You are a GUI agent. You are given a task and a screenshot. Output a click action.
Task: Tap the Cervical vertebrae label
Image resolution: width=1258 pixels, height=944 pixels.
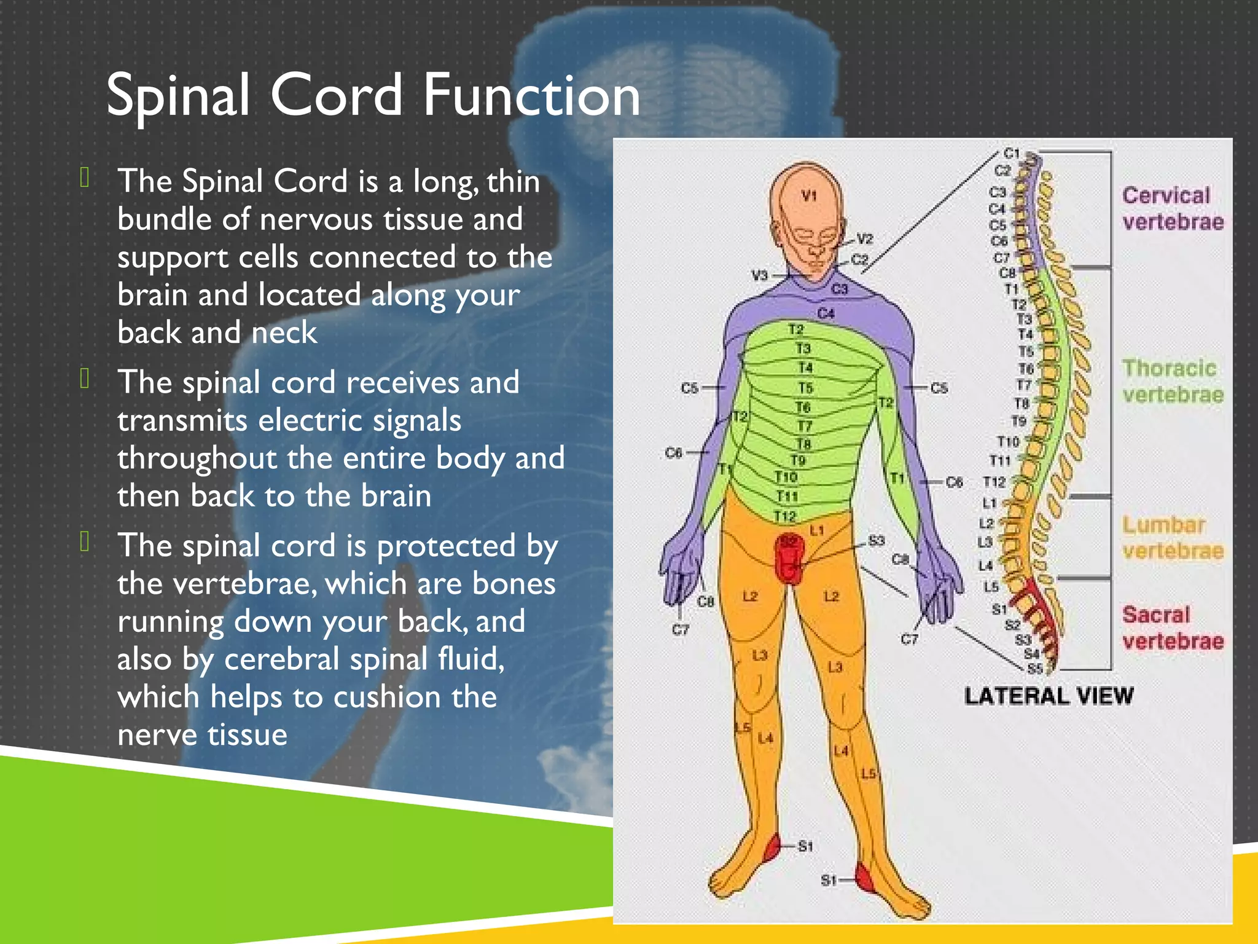click(1172, 208)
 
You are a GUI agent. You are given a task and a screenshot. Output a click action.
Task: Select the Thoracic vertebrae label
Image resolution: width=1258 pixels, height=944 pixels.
click(1172, 381)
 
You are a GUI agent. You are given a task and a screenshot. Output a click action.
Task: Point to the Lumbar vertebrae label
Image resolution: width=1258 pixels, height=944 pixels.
click(1172, 538)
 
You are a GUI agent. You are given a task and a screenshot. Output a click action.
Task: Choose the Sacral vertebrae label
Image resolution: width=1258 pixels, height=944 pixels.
click(1172, 627)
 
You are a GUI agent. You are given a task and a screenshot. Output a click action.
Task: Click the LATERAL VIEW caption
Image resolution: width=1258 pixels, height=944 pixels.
click(1049, 696)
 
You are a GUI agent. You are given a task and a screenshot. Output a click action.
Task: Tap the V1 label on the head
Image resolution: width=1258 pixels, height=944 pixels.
click(809, 196)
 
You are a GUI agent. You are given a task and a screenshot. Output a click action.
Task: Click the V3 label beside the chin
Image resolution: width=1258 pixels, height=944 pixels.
click(760, 275)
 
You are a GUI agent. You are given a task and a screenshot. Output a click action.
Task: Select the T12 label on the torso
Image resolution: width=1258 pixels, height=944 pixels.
click(784, 516)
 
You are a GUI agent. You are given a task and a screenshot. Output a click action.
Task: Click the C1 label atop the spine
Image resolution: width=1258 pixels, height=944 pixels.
click(1012, 153)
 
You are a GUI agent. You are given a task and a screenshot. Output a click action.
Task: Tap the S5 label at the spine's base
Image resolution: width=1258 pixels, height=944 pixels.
click(1035, 668)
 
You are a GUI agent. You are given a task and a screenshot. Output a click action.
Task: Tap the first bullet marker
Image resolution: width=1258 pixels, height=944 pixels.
click(85, 178)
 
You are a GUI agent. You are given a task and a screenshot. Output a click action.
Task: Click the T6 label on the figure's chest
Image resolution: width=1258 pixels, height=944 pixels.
click(803, 407)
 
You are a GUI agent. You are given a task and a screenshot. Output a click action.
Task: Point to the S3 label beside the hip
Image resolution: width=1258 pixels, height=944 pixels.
click(876, 541)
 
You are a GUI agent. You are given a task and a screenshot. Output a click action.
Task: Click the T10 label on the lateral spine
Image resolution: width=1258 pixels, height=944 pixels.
click(1008, 441)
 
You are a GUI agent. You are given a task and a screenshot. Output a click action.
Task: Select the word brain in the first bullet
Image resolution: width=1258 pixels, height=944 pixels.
click(153, 296)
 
